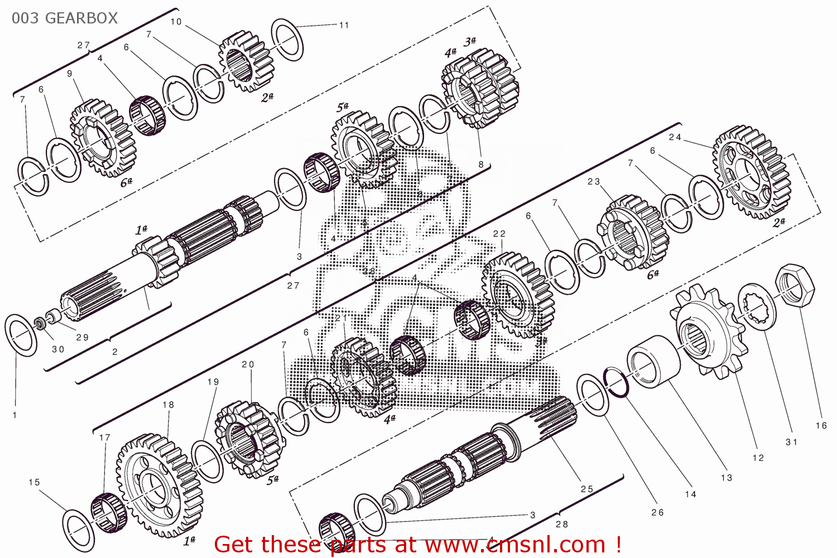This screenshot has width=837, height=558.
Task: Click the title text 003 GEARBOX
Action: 65,18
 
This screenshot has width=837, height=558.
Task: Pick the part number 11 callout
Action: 344,25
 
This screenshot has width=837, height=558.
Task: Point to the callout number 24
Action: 675,137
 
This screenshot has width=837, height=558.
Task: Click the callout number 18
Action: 168,405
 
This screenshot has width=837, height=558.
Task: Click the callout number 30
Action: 58,349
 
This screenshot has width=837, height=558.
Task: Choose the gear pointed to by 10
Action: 246,61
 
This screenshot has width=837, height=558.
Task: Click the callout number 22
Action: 499,234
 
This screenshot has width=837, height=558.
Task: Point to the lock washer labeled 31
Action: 757,306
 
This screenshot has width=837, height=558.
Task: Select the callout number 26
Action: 657,512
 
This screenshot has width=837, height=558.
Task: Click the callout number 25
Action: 586,489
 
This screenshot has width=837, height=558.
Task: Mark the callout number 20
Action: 248,364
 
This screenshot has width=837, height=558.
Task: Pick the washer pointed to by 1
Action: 21,334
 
